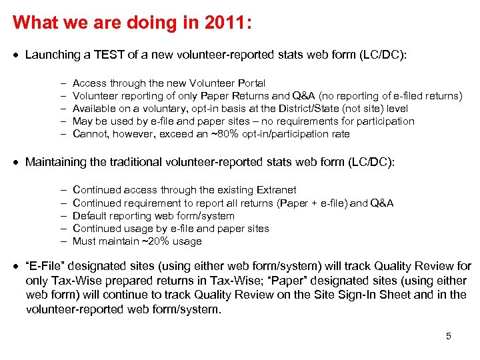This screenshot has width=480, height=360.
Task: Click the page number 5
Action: coord(449,336)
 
